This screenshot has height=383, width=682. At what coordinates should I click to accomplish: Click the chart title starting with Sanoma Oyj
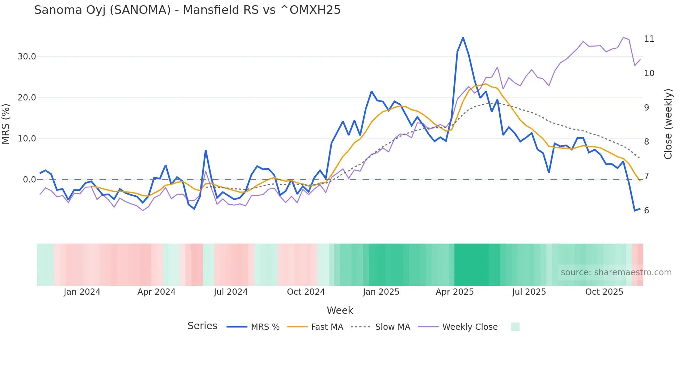[x=187, y=10]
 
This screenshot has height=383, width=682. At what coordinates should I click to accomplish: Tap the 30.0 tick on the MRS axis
[x=27, y=57]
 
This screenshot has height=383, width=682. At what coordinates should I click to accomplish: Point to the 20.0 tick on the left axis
[x=27, y=98]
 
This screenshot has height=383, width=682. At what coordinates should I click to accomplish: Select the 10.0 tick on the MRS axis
[x=27, y=139]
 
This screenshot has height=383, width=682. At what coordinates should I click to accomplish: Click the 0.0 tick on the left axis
[x=29, y=180]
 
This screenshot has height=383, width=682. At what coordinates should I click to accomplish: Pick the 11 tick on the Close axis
[x=649, y=39]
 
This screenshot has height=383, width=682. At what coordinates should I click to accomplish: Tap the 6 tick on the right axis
[x=647, y=210]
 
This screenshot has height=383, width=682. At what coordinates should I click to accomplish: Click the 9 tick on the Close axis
[x=647, y=108]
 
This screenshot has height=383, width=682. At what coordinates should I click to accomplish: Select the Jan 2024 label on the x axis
[x=82, y=292]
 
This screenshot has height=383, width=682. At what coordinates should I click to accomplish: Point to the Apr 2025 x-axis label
[x=454, y=292]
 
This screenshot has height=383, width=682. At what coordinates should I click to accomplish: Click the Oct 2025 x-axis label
[x=604, y=292]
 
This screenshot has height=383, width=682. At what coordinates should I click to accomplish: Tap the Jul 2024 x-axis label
[x=231, y=292]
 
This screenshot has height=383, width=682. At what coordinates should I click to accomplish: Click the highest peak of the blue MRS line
[x=463, y=38]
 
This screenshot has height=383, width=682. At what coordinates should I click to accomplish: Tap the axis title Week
[x=340, y=310]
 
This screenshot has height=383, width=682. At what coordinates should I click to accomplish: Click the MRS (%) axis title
[x=6, y=124]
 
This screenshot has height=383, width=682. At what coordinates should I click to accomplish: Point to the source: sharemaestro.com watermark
[x=616, y=272]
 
